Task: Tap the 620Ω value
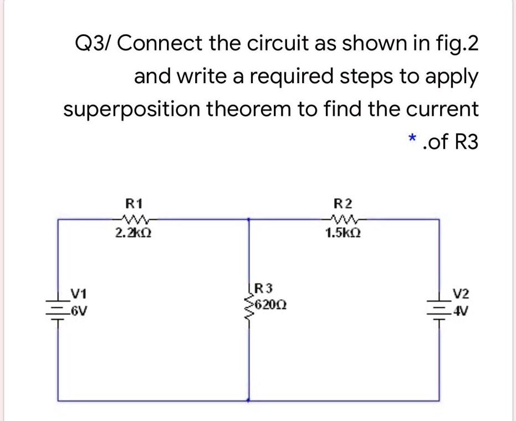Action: (x=269, y=305)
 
